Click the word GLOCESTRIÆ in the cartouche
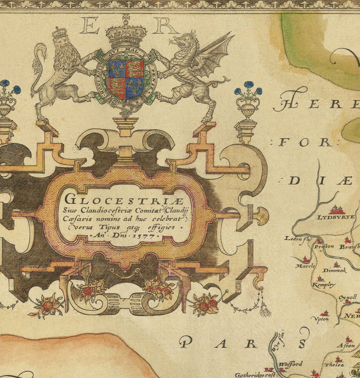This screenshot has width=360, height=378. click(x=124, y=199)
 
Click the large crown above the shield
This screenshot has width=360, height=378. click(x=126, y=34)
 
